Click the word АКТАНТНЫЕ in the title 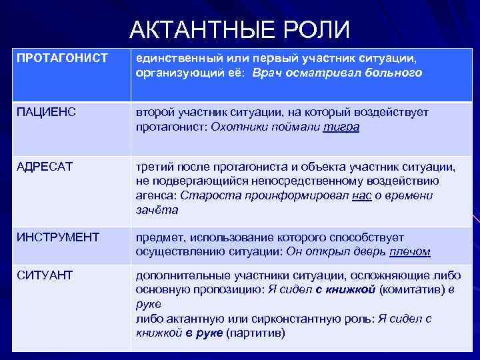tap(194, 30)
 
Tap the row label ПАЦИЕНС tap(43, 112)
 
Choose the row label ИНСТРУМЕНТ tap(58, 237)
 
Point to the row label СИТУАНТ tap(45, 275)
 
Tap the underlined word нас tap(361, 195)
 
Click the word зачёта tap(157, 209)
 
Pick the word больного tap(394, 73)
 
